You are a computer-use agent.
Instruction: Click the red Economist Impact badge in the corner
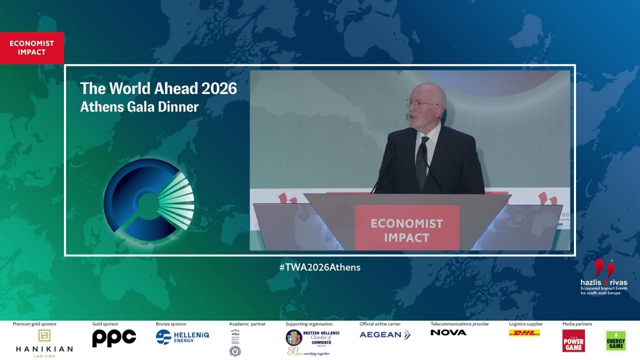[31, 48]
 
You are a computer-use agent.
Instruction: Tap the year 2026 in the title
[219, 88]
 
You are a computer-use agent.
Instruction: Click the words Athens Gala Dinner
[139, 106]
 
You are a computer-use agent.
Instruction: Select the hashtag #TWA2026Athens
[320, 267]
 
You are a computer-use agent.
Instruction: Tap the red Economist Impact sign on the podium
[406, 229]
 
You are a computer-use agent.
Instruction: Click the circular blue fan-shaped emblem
[148, 199]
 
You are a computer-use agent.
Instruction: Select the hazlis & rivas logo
[603, 277]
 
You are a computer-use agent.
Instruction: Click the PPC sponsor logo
[114, 338]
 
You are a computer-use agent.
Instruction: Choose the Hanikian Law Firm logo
[44, 342]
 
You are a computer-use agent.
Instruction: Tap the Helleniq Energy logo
[182, 337]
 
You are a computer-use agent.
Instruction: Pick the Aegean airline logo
[385, 335]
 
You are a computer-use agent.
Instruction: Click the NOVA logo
[448, 332]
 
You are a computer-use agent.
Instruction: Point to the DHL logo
[524, 333]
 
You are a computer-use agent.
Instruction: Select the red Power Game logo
[573, 341]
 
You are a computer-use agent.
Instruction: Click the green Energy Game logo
[615, 341]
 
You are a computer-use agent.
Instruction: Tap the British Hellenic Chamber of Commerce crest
[294, 337]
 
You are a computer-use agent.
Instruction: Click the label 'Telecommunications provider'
[459, 324]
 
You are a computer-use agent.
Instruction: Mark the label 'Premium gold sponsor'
[34, 324]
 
